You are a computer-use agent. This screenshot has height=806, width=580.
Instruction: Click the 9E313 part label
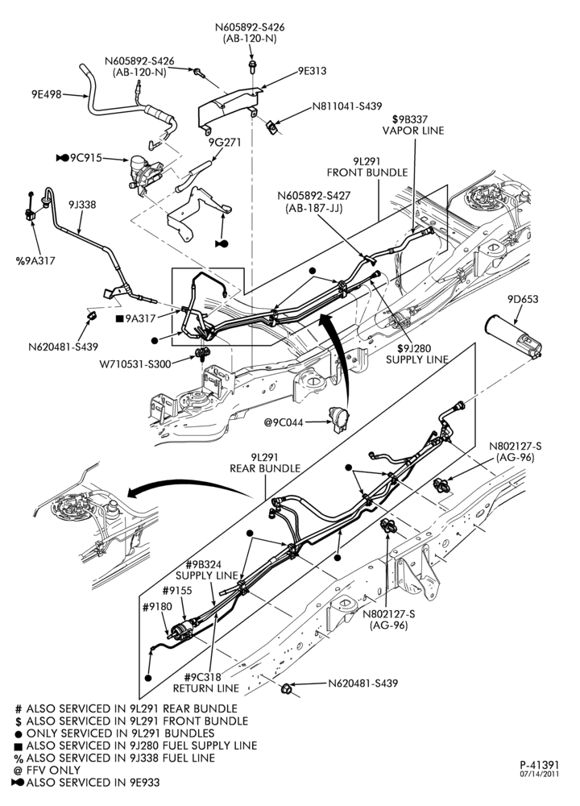click(312, 71)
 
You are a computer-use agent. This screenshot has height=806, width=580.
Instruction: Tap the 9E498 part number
click(46, 94)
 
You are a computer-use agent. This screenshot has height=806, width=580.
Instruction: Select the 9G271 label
click(225, 143)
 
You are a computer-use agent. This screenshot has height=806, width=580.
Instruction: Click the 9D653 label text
click(523, 299)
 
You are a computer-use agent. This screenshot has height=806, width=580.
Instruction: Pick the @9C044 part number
click(284, 422)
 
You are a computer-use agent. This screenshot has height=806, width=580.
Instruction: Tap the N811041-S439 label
click(347, 106)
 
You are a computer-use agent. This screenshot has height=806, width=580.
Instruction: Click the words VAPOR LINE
click(413, 131)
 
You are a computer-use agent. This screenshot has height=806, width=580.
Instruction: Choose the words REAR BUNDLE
click(265, 468)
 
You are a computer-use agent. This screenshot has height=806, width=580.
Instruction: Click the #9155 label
click(177, 591)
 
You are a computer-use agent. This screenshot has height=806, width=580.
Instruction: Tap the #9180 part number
click(158, 607)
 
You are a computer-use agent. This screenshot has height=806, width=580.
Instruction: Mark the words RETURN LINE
click(206, 688)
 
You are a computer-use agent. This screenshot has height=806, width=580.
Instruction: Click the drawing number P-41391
click(539, 766)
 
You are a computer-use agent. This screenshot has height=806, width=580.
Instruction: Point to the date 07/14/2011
click(539, 774)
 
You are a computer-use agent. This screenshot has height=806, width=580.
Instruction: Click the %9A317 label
click(35, 260)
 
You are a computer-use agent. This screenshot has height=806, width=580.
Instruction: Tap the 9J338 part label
click(82, 205)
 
